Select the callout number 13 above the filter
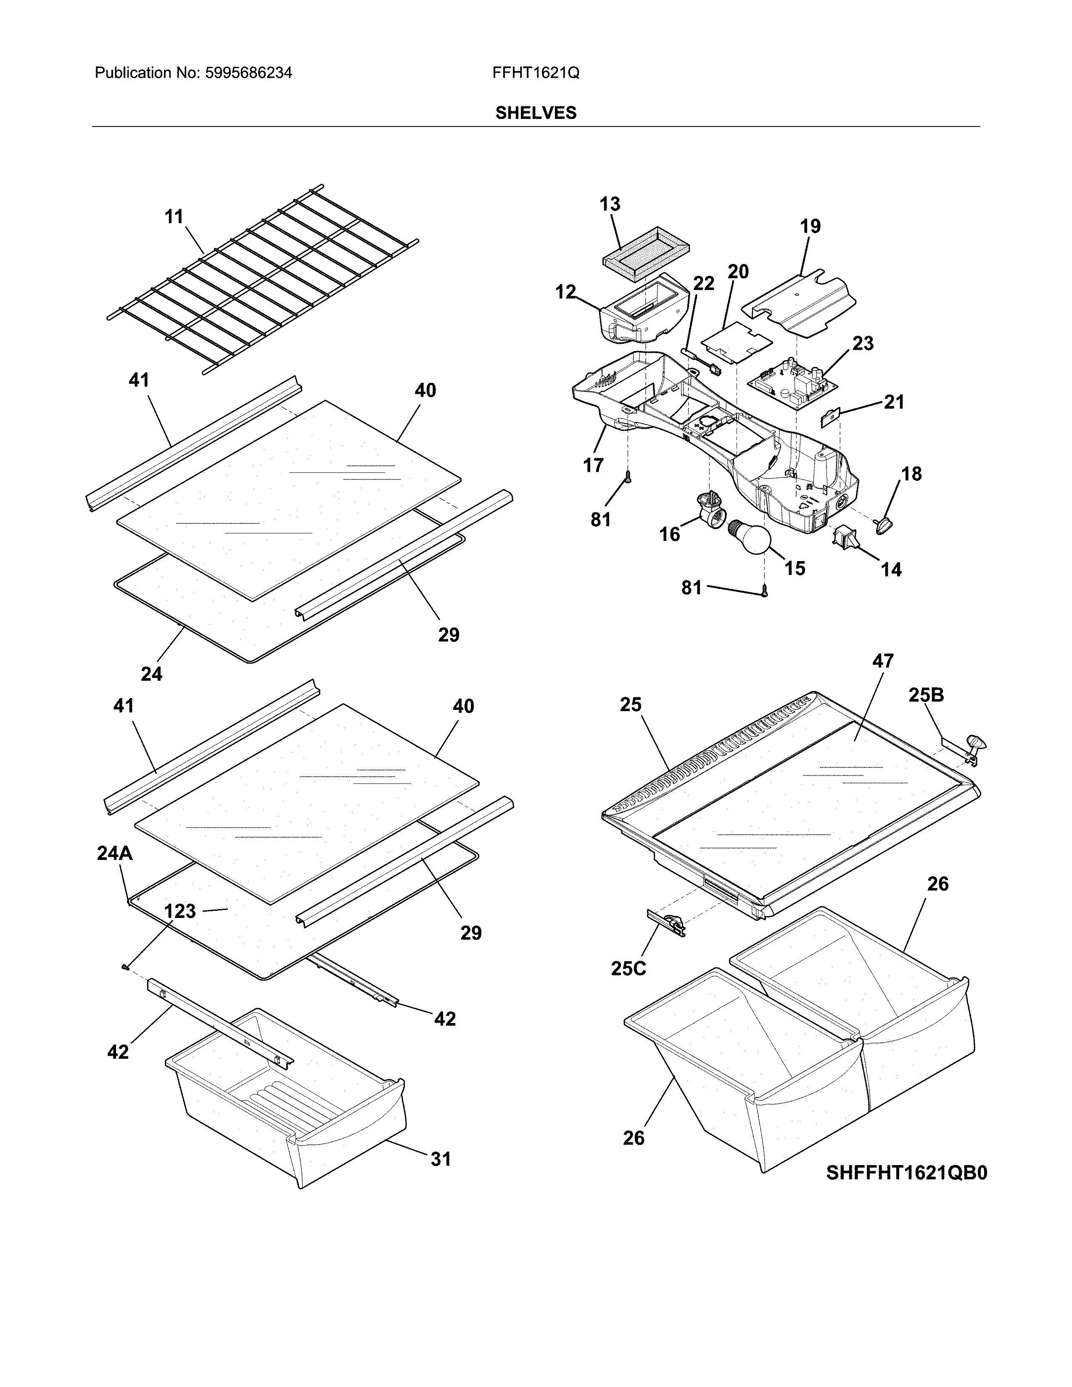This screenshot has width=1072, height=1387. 610,205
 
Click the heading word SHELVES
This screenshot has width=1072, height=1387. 536,113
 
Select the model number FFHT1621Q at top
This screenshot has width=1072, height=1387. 535,73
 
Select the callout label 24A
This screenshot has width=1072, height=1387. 115,854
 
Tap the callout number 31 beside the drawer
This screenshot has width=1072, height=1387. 441,1159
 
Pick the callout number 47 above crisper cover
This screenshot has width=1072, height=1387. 883,661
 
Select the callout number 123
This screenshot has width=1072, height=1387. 180,911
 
